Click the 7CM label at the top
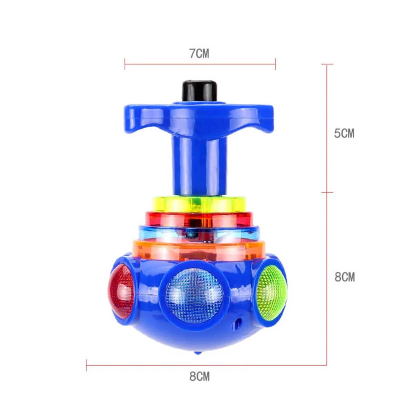(200, 54)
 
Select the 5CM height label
(344, 133)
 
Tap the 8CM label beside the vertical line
(344, 277)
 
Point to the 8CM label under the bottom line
(200, 376)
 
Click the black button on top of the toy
(199, 90)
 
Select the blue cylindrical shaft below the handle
(199, 165)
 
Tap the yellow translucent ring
(199, 204)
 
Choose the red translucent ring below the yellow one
(199, 219)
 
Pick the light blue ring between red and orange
(199, 233)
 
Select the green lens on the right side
(272, 293)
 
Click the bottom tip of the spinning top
(198, 352)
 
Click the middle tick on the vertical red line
(327, 192)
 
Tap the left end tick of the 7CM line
(125, 64)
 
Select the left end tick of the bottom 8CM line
(87, 365)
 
